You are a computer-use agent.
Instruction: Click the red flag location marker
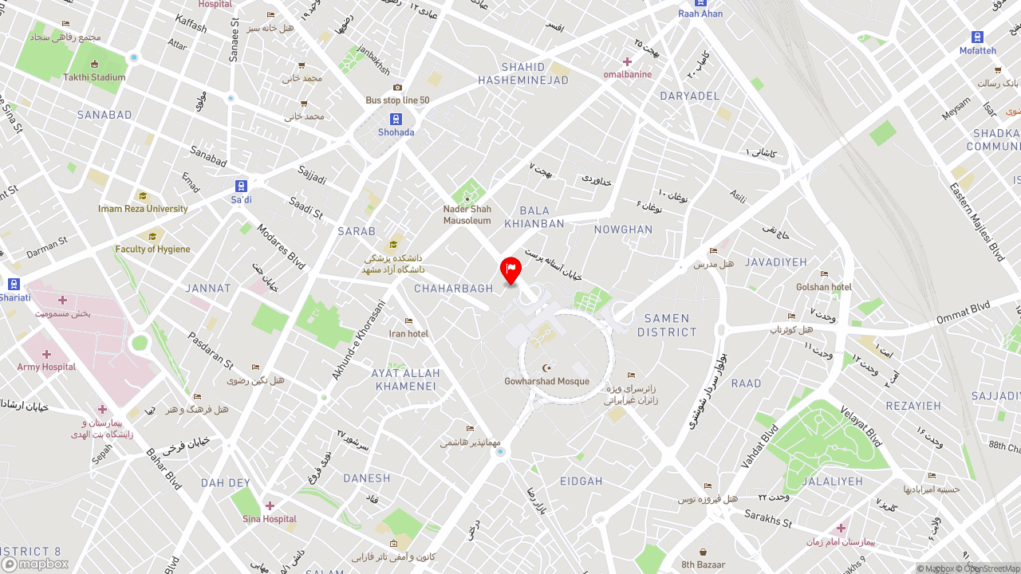tap(510, 270)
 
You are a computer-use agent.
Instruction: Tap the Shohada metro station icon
tap(396, 120)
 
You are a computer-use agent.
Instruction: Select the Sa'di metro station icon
tap(241, 187)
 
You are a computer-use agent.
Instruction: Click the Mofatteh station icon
tap(977, 37)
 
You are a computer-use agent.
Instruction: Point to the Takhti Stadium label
tap(94, 77)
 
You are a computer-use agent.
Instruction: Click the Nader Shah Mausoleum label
tap(467, 214)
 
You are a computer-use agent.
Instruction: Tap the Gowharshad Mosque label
tap(546, 381)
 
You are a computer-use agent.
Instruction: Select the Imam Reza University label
tap(143, 209)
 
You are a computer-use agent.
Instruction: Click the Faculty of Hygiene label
tap(152, 249)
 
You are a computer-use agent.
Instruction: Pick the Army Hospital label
tap(46, 367)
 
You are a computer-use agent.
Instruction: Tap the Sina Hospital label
tap(270, 519)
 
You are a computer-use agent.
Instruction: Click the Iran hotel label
tap(408, 333)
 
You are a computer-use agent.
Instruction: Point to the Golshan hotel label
tap(824, 287)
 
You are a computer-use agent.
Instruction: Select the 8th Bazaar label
tap(703, 564)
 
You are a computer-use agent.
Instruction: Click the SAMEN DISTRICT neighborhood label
tap(667, 325)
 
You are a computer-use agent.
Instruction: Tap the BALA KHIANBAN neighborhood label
tap(542, 217)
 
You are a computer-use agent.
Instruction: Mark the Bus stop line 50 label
tap(397, 100)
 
